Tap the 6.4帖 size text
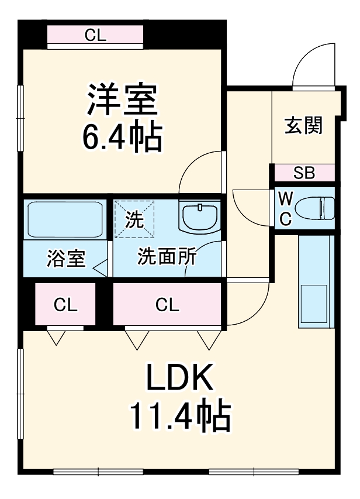(122, 137)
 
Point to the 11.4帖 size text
(180, 416)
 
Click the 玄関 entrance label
(303, 125)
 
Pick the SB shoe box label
(304, 173)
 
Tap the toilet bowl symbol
(314, 208)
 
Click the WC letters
(285, 208)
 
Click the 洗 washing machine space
(134, 219)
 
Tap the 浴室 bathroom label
(65, 259)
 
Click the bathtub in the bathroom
(65, 219)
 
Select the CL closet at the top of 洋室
(95, 36)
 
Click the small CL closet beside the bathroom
(65, 305)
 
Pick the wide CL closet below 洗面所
(167, 305)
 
